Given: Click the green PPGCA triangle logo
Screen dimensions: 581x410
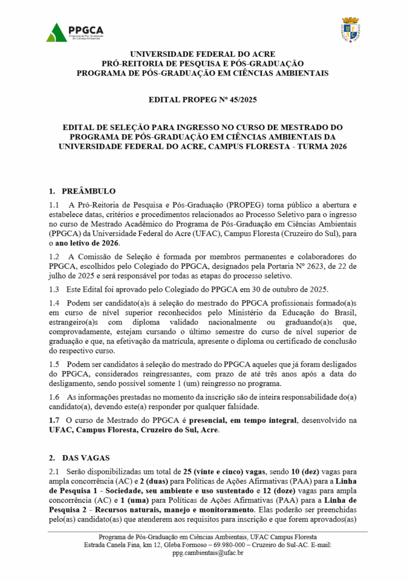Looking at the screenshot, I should point(56,32).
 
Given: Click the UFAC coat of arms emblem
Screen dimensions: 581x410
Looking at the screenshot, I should point(350,30).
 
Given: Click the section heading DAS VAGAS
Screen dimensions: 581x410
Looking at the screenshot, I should point(87,458).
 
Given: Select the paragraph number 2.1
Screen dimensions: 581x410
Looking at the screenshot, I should point(54,471).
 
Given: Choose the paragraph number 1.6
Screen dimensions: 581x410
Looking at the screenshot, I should point(54,397).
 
